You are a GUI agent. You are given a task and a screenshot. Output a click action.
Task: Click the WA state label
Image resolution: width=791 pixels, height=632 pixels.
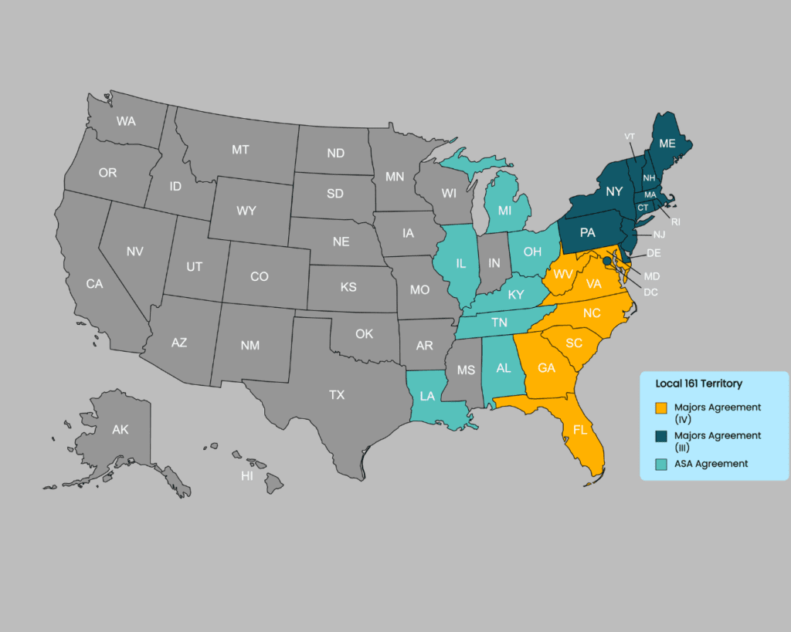click(126, 121)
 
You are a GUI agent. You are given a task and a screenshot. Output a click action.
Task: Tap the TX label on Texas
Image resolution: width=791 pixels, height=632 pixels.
click(337, 394)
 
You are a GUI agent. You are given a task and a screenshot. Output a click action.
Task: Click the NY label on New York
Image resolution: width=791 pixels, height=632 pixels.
click(614, 191)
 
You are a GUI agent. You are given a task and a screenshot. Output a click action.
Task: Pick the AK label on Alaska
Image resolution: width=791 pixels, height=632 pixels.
click(121, 430)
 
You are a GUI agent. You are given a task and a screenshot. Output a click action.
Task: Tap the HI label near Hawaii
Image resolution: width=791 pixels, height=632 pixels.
click(246, 476)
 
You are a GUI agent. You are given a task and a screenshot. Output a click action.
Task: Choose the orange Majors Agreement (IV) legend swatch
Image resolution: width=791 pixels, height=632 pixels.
click(660, 407)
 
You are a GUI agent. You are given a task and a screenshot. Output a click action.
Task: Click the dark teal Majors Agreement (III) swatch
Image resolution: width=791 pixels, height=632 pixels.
click(660, 436)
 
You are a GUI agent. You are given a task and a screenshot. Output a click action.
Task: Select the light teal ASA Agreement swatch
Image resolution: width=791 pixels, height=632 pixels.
click(660, 464)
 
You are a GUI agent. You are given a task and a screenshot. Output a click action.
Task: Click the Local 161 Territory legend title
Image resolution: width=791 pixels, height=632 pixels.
click(698, 384)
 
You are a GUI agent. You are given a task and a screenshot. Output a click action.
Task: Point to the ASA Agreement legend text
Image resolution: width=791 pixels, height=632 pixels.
click(711, 464)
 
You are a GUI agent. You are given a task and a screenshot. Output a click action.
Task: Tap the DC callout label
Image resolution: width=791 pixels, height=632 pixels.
click(650, 292)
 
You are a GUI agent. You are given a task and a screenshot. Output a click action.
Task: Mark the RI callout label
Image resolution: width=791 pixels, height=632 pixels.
click(675, 221)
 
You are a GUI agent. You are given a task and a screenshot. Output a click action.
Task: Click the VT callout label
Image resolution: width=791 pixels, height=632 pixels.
click(630, 137)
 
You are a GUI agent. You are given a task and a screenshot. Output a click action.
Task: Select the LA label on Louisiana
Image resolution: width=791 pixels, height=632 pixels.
click(426, 396)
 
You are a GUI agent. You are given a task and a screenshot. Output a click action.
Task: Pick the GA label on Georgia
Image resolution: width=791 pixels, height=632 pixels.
click(546, 368)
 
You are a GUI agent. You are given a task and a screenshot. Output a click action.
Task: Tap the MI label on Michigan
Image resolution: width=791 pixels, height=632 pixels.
click(504, 210)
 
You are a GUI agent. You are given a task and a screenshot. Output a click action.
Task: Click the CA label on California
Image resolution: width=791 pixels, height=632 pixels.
click(94, 284)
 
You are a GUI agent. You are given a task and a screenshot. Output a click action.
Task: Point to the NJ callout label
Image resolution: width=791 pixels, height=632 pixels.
click(659, 234)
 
